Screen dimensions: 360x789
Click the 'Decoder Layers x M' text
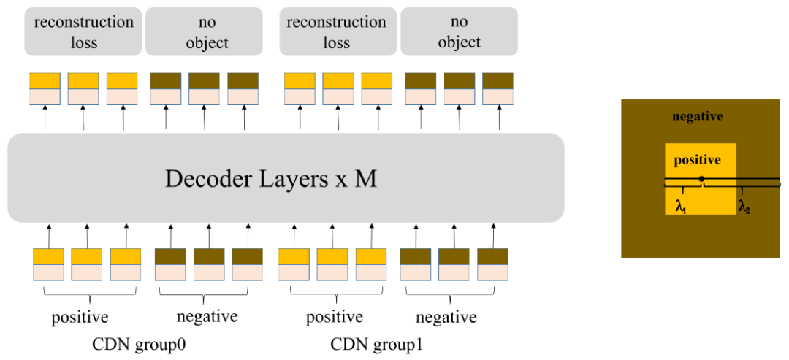[286, 178]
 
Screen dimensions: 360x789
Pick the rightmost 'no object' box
[459, 31]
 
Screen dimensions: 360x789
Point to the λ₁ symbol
[681, 208]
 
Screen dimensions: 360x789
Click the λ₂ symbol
[744, 208]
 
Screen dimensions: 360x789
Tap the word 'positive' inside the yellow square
[697, 160]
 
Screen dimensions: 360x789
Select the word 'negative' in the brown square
[697, 117]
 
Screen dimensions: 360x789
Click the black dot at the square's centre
[701, 179]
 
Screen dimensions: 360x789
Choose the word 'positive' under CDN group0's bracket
[80, 318]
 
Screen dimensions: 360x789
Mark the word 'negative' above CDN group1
[446, 318]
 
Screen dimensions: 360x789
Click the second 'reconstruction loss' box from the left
[336, 31]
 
